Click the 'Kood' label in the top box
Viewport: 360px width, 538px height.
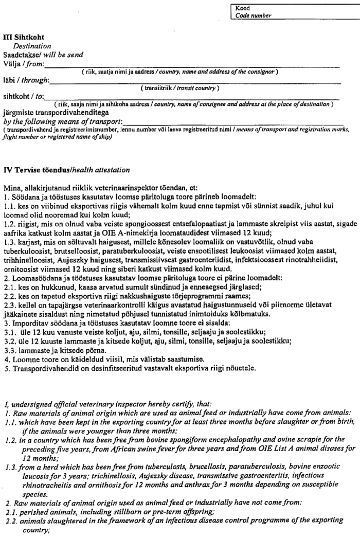(243, 9)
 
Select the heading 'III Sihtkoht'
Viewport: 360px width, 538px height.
(24, 38)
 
